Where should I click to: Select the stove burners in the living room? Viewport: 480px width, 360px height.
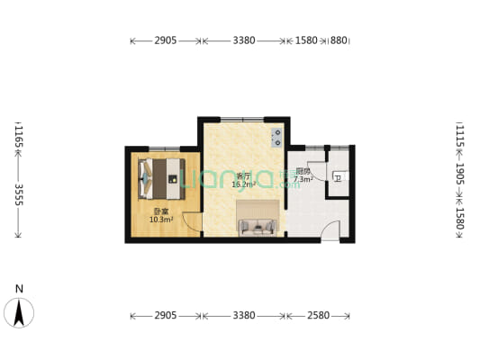[x=276, y=138]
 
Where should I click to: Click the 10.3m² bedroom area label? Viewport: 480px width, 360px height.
[x=160, y=219]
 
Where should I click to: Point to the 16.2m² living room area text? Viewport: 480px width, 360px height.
[x=243, y=184]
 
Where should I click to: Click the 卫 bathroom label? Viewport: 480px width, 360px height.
[x=337, y=178]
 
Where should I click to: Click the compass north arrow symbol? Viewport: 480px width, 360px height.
[x=20, y=311]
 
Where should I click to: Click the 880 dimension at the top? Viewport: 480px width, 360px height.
[x=339, y=40]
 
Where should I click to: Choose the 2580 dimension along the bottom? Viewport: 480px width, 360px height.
[x=317, y=315]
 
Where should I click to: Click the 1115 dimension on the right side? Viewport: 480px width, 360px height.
[x=460, y=136]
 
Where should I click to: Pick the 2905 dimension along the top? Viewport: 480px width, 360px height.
[x=166, y=40]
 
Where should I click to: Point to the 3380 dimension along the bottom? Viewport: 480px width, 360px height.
[x=244, y=315]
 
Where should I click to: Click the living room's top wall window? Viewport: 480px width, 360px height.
[x=241, y=119]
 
